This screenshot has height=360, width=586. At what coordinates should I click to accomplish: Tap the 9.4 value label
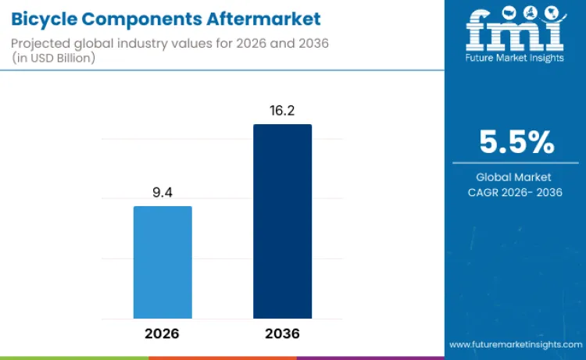coord(163,191)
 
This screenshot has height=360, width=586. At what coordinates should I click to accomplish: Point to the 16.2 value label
coord(282,110)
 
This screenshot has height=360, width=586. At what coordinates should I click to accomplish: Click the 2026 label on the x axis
coord(163,333)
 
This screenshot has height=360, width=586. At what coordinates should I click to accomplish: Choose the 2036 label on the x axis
coord(282,333)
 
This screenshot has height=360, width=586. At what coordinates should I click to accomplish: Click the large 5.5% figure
coord(516,142)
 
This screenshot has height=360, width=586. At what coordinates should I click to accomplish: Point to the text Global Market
coord(516,177)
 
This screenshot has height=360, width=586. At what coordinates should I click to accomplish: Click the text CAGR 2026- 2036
coord(516,193)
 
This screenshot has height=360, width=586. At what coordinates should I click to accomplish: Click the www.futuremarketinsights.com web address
coord(515,344)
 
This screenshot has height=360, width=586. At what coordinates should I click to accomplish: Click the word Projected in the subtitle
coord(41,43)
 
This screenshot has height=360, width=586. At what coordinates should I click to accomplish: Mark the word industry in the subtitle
coord(152,43)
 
